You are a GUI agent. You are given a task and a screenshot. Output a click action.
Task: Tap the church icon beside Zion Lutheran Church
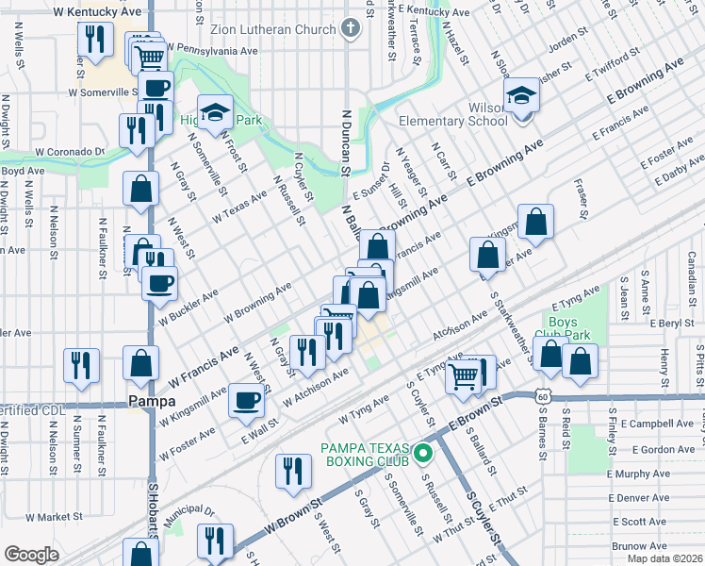pyautogui.click(x=352, y=28)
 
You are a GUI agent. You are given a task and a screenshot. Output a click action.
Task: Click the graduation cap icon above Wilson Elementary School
pyautogui.click(x=521, y=95)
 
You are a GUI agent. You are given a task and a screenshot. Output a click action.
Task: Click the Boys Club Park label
pyautogui.click(x=574, y=328)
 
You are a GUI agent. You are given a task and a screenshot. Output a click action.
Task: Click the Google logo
pyautogui.click(x=30, y=555)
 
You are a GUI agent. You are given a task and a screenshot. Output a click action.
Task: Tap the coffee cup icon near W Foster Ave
pyautogui.click(x=248, y=400)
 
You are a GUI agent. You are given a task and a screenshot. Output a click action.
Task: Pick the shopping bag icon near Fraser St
pyautogui.click(x=535, y=223)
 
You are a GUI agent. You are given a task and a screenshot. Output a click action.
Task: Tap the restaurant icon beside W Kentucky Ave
pyautogui.click(x=94, y=39)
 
